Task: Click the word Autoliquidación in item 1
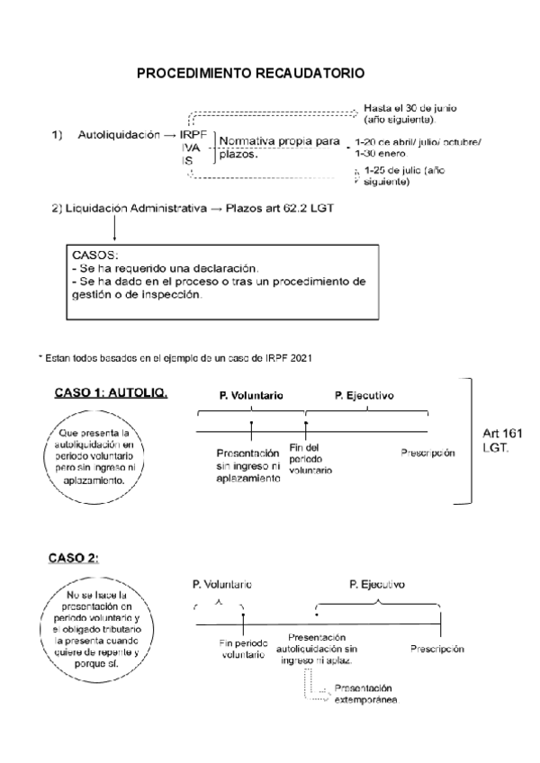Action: click(x=118, y=135)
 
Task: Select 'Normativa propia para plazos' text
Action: click(x=279, y=147)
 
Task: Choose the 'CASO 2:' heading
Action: click(x=73, y=558)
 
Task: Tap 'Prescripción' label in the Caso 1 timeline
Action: click(x=427, y=453)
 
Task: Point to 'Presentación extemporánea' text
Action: click(x=365, y=694)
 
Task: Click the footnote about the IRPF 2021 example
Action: click(x=175, y=358)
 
